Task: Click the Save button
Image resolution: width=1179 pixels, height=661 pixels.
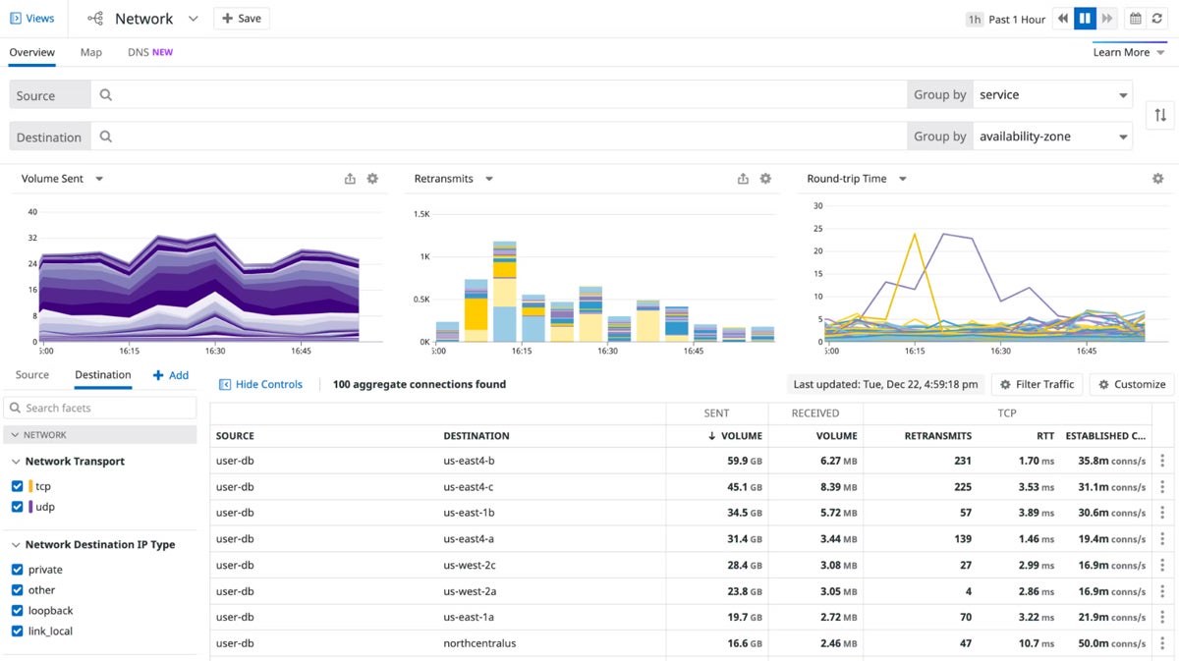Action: [x=241, y=19]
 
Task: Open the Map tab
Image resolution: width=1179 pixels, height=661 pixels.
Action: [x=90, y=52]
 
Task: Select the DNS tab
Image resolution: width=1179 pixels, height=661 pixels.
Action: [x=149, y=52]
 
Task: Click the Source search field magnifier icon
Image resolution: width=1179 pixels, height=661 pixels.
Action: [x=106, y=95]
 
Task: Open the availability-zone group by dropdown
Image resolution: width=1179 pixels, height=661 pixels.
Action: [x=1051, y=137]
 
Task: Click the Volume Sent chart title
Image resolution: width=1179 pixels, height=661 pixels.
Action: [x=53, y=179]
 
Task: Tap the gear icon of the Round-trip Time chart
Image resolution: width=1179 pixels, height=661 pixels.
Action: [x=1157, y=179]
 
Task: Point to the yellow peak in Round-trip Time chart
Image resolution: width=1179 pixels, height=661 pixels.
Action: [x=915, y=235]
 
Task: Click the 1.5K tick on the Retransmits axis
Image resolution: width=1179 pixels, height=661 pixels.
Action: [x=421, y=213]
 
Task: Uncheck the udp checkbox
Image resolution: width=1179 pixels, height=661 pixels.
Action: [x=17, y=507]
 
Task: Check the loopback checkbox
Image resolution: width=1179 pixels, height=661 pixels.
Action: [x=17, y=611]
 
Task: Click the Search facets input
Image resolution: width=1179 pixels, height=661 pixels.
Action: [x=108, y=408]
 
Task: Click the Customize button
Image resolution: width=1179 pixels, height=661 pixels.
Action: [x=1131, y=384]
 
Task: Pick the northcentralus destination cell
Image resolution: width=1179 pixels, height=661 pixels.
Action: [x=479, y=643]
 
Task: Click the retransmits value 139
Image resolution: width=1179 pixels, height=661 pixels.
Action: [x=962, y=539]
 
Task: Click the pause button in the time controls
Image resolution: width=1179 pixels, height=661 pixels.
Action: [x=1085, y=19]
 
